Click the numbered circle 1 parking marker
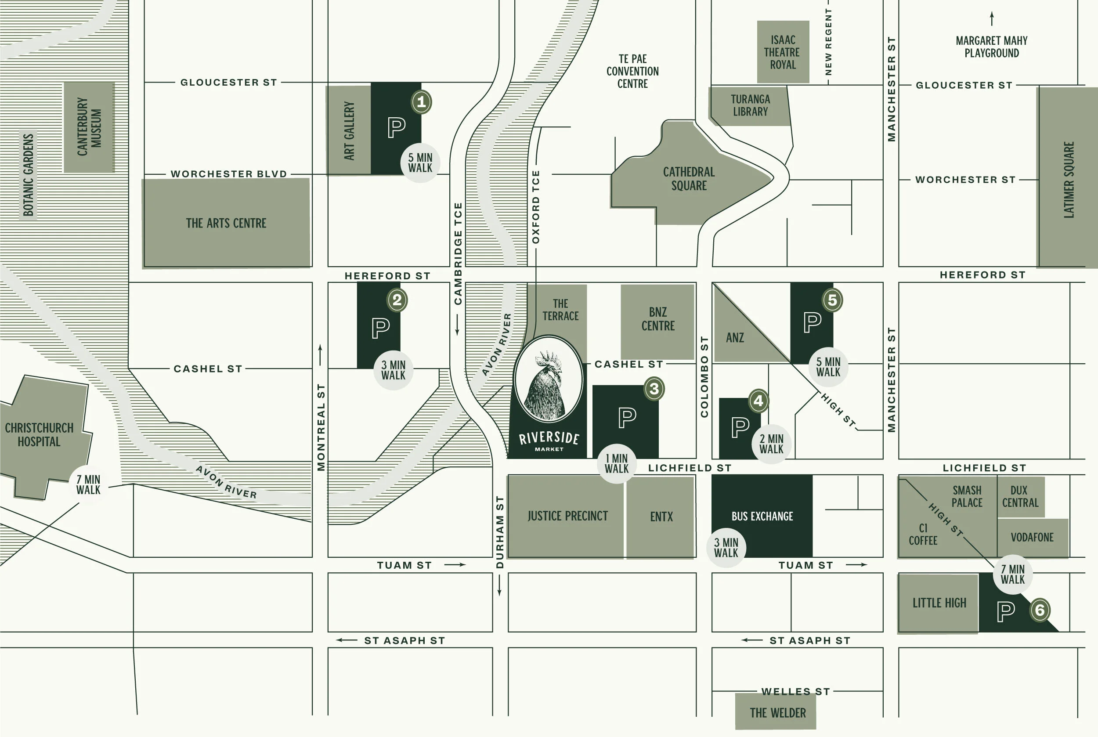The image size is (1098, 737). pos(421,101)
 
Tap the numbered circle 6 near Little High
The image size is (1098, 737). pos(1039,610)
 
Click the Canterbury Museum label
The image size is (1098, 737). pos(89,127)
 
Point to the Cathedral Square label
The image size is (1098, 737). pos(689,179)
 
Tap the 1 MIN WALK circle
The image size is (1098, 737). pos(616,463)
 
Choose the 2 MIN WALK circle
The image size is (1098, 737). pos(771,444)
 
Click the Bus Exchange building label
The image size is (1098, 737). pos(762,516)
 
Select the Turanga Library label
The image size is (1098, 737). pos(750,105)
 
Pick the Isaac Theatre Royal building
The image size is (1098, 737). pos(783,52)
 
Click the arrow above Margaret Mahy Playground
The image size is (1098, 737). pos(992,19)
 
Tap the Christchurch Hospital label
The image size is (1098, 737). pos(39,435)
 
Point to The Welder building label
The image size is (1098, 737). pos(777,713)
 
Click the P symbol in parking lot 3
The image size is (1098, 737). pos(627,417)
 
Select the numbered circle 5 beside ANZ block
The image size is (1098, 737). pos(832,300)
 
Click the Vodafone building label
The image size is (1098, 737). pos(1032,537)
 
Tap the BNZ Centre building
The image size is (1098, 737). pos(657,319)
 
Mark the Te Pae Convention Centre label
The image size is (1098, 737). pos(632,71)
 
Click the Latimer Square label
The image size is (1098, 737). pos(1069,180)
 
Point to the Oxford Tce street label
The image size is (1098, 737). pos(535,207)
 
